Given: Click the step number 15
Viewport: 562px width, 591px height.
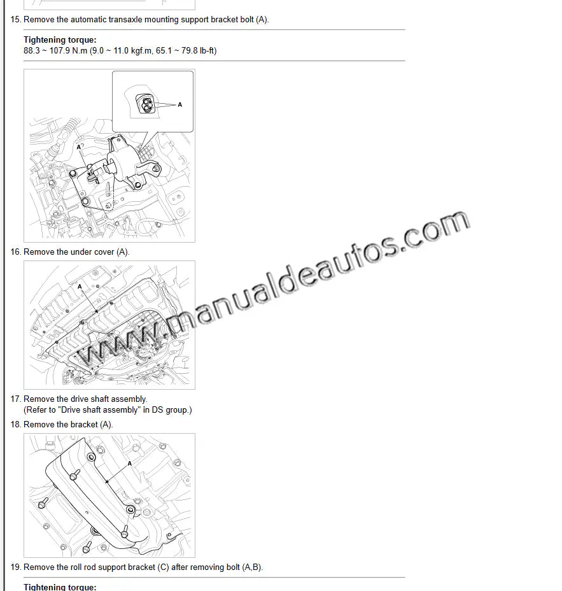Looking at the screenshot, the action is click(x=15, y=20).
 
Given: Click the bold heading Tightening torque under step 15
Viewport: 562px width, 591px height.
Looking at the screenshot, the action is click(x=60, y=40).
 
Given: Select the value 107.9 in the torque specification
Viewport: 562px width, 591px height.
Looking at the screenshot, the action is click(x=60, y=50).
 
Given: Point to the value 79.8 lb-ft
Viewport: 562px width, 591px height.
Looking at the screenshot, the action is click(x=199, y=50).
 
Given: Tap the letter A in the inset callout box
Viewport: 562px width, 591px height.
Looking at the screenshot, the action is click(x=179, y=105).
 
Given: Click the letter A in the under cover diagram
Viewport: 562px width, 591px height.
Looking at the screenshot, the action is click(x=80, y=287).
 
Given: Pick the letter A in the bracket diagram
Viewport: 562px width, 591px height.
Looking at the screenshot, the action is click(x=130, y=464).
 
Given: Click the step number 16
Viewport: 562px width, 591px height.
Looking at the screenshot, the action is click(x=15, y=252).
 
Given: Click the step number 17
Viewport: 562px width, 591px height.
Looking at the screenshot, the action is click(x=15, y=399).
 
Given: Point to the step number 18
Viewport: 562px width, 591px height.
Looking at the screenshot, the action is click(x=15, y=425).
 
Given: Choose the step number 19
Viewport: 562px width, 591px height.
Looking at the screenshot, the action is click(x=15, y=567).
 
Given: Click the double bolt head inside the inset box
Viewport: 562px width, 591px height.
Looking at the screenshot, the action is click(x=146, y=105).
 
